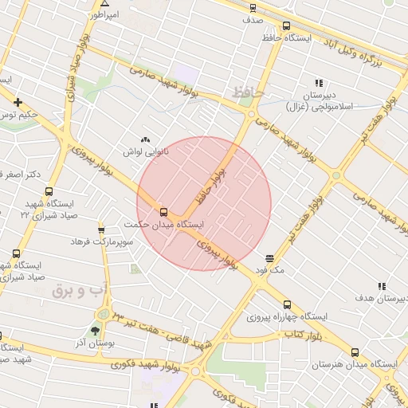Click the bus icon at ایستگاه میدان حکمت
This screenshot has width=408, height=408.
(163, 212)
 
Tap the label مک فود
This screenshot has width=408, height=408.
(270, 270)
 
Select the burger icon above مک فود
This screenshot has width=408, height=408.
(270, 258)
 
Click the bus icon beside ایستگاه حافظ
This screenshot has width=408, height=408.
(286, 25)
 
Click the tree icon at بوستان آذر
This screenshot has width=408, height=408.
(96, 330)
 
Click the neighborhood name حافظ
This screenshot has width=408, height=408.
(248, 94)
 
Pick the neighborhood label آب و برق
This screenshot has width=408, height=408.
(80, 291)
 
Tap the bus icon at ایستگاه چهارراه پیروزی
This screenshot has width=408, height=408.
(287, 304)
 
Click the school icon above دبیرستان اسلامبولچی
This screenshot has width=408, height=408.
(319, 83)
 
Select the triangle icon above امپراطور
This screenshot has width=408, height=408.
(103, 4)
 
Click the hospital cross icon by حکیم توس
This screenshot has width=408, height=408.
(18, 102)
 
